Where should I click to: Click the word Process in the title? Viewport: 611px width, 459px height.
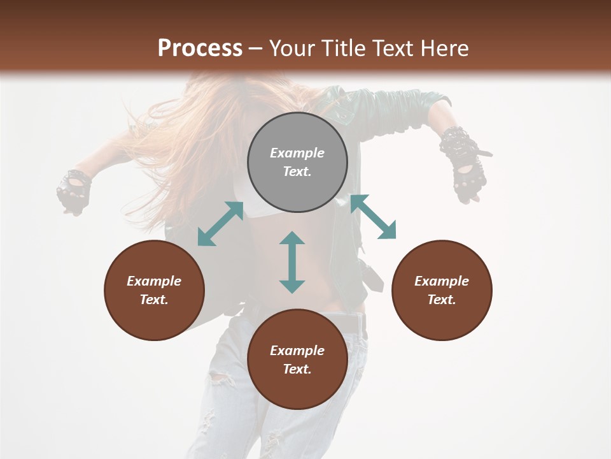click(x=200, y=48)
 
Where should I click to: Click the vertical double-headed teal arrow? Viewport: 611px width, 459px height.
click(x=292, y=262)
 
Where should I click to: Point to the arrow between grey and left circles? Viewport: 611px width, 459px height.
click(x=220, y=224)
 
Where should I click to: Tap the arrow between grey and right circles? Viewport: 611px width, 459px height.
click(x=373, y=217)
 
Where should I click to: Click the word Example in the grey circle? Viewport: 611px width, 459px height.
click(x=297, y=153)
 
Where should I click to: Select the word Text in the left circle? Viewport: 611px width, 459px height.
click(x=154, y=300)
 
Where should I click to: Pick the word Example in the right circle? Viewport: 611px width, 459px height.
click(x=442, y=281)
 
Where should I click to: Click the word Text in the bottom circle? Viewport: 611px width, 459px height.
click(x=297, y=369)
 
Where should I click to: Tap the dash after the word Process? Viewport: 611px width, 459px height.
click(x=255, y=48)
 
